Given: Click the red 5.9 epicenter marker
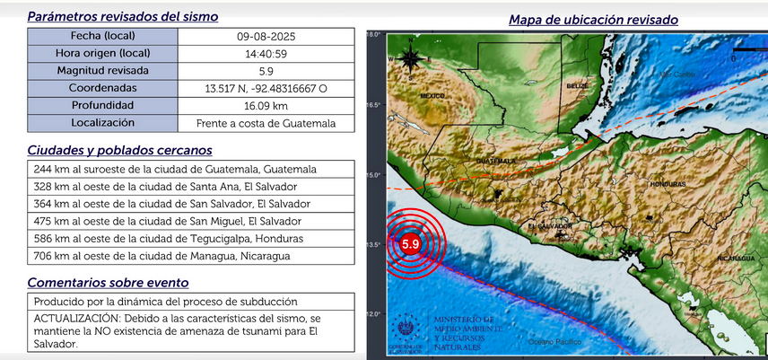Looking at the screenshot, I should tap(412, 244).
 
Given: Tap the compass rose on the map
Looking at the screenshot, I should tap(409, 60).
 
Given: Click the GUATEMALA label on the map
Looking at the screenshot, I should tap(496, 161).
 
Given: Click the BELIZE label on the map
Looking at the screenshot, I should tap(576, 85).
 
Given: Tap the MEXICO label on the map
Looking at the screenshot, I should tap(432, 95).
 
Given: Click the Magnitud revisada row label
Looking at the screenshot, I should tap(101, 71).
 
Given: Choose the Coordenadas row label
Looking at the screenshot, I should tap(101, 88).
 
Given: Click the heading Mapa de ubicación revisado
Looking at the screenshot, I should tap(593, 19).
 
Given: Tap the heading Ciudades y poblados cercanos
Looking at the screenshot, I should tap(119, 150).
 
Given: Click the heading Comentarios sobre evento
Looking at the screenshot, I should tap(114, 283).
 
